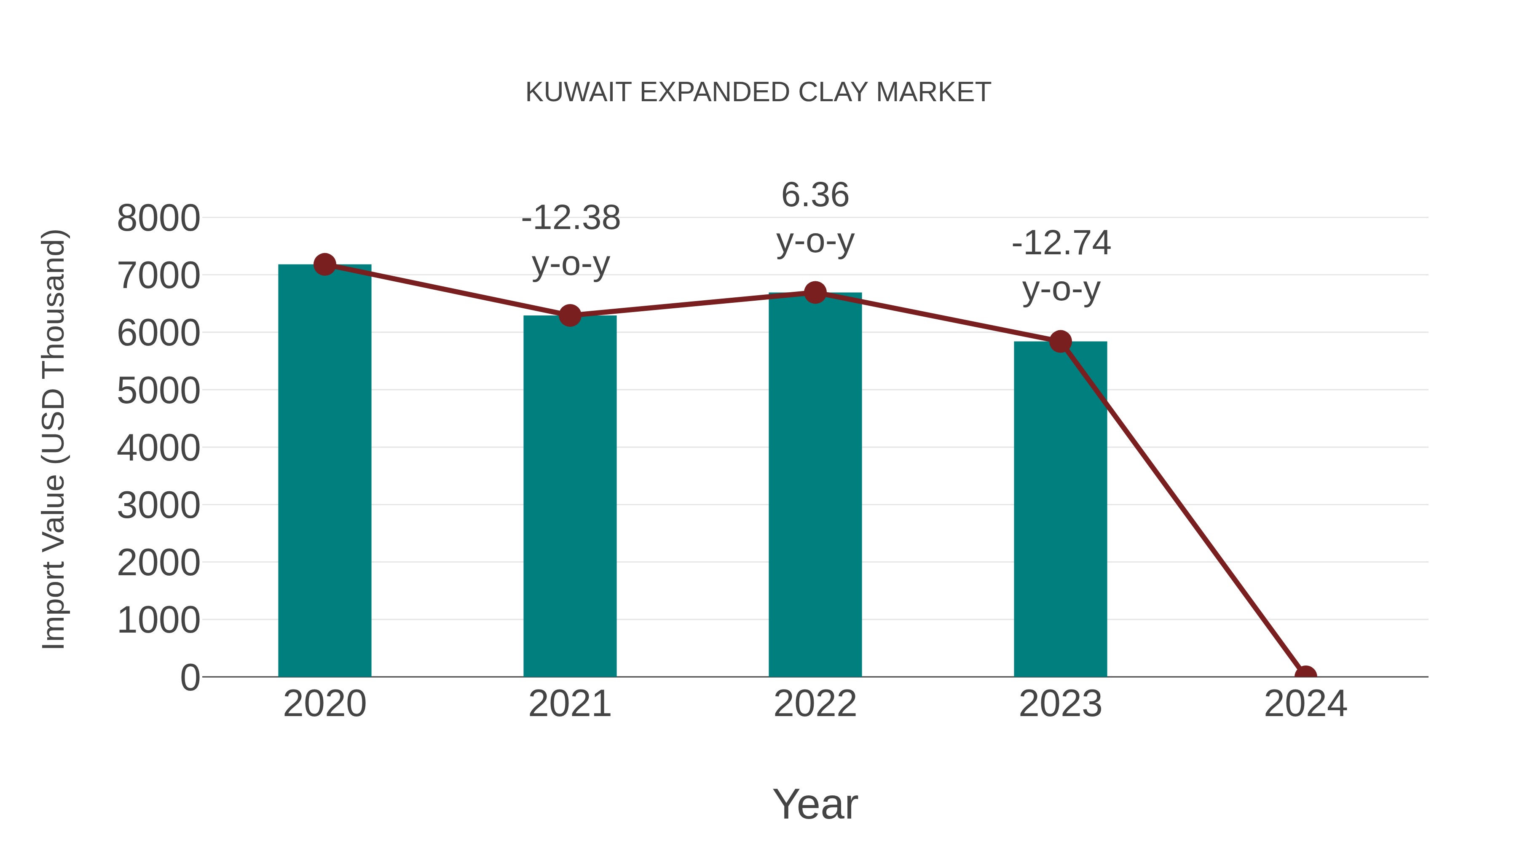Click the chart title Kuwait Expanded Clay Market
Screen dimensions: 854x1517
[x=758, y=92]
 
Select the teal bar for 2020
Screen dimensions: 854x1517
[x=324, y=471]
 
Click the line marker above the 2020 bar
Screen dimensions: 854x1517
[x=324, y=264]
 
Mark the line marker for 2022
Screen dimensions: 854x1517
[x=815, y=292]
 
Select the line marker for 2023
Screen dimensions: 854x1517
[x=1060, y=341]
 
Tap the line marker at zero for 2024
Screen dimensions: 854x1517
[x=1305, y=676]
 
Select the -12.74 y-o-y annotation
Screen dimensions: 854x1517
[x=1061, y=266]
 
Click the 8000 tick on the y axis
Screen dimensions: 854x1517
[x=158, y=218]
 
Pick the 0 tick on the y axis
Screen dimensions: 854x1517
[x=190, y=677]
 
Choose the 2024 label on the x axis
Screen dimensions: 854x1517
[x=1305, y=704]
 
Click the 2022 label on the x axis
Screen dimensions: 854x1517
[x=815, y=704]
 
